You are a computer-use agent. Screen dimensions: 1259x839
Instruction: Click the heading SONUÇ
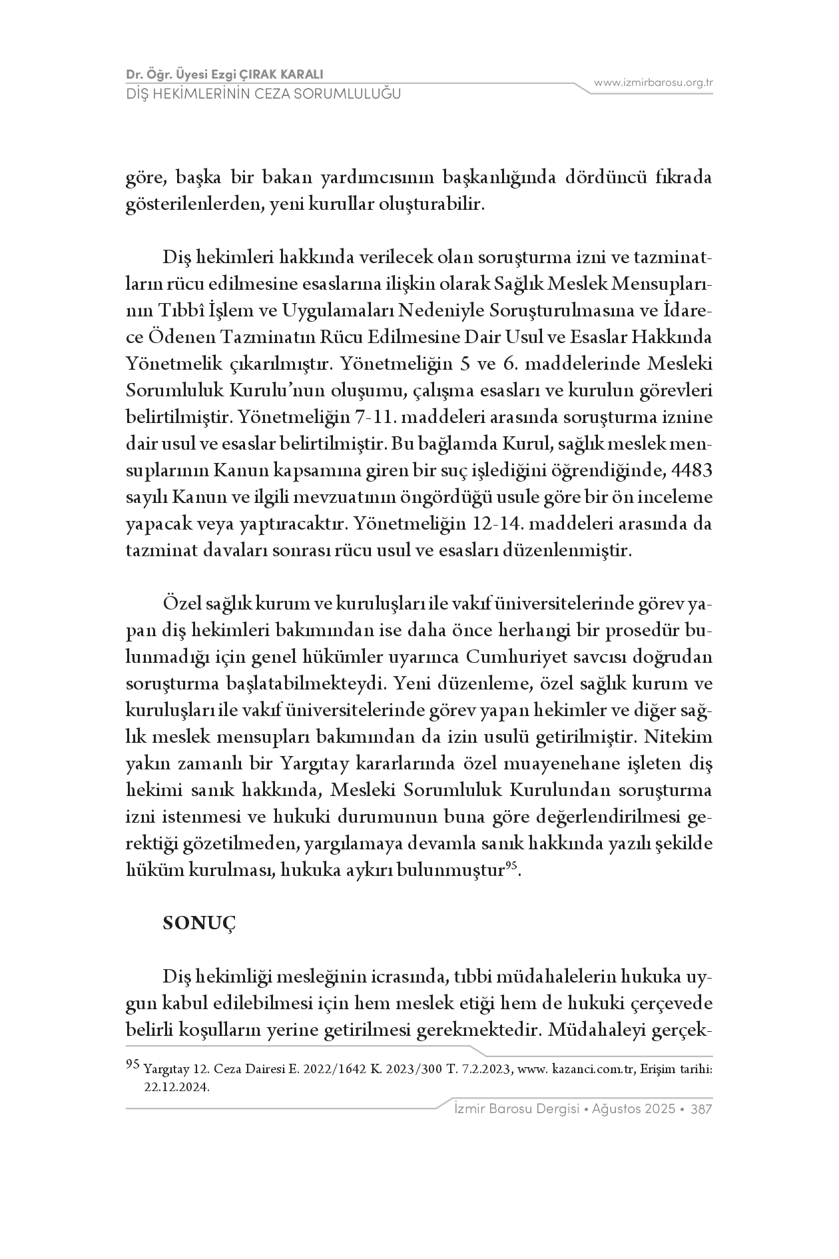(x=200, y=923)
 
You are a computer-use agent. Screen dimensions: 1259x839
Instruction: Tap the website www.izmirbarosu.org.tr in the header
(x=653, y=83)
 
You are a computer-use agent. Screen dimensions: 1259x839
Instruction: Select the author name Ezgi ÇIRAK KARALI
(x=270, y=74)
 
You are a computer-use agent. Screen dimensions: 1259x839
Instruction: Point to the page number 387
(x=702, y=1109)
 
